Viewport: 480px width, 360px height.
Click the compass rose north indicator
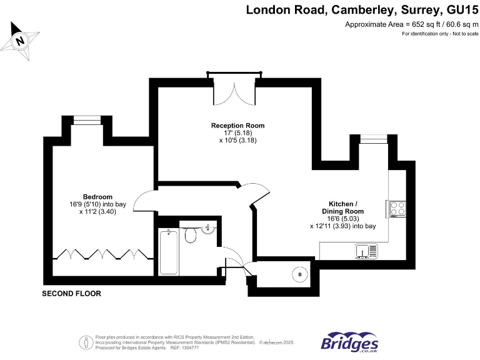pos(21,41)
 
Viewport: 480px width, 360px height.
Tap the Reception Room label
pos(237,126)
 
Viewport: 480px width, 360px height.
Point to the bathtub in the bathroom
pos(169,252)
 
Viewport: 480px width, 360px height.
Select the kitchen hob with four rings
pos(397,208)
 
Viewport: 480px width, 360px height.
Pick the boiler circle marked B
pos(299,274)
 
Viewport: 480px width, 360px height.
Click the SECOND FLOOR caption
pos(71,293)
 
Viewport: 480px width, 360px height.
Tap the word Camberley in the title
pos(349,9)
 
